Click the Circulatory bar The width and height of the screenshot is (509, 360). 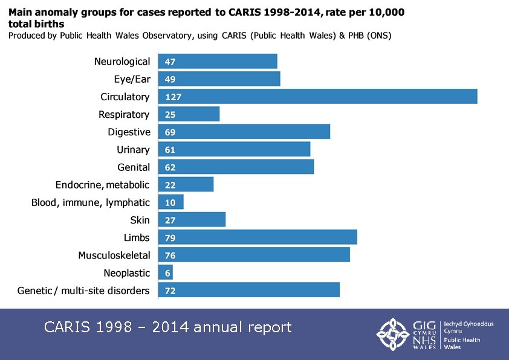click(317, 97)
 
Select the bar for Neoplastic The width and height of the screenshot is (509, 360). click(166, 273)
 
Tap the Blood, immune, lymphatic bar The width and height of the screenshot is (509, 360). click(171, 202)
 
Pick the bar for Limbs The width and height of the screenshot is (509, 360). click(258, 238)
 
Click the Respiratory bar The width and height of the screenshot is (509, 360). click(189, 114)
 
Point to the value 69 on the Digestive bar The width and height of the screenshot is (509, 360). click(170, 132)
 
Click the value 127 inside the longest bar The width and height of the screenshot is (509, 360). click(173, 97)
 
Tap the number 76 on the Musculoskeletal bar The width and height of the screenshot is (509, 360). click(170, 256)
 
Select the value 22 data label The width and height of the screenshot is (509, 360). click(170, 185)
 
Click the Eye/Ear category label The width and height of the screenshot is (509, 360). click(131, 79)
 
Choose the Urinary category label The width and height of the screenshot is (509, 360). click(133, 150)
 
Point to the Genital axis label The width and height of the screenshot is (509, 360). click(133, 167)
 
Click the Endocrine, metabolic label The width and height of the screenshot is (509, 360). click(102, 185)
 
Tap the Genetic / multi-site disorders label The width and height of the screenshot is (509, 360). click(83, 291)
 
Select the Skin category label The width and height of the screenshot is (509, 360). click(140, 220)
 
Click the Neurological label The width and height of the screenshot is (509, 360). click(122, 62)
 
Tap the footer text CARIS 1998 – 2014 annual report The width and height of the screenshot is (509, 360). click(168, 327)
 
